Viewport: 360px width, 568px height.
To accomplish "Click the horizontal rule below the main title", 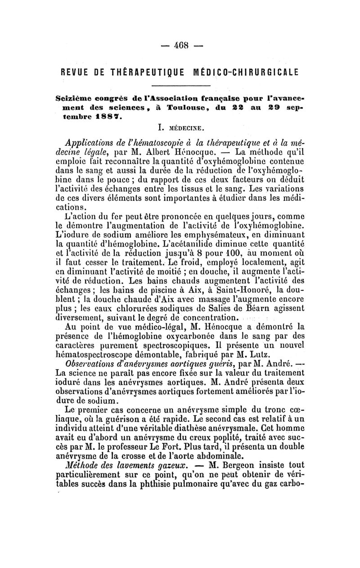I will [180, 86].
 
